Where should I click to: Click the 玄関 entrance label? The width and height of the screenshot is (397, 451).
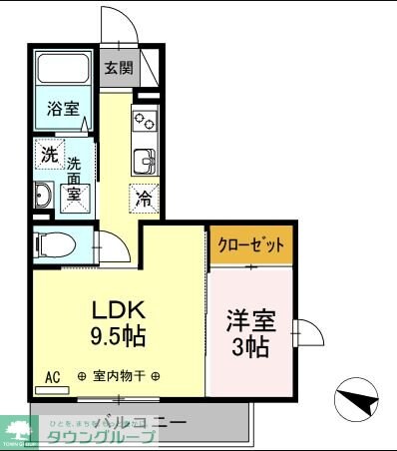(x=119, y=69)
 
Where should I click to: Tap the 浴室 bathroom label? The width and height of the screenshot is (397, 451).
(x=64, y=109)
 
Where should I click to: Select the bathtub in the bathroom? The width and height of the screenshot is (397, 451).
(x=65, y=71)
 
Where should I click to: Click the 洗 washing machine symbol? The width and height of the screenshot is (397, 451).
(x=48, y=155)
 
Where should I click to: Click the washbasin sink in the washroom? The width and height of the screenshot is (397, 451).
(x=44, y=196)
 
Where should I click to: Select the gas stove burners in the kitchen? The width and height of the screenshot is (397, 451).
(x=145, y=122)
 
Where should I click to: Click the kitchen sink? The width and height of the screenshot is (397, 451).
(x=145, y=161)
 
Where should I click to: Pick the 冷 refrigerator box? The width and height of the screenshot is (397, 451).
(x=144, y=198)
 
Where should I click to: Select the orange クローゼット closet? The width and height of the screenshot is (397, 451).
(x=250, y=243)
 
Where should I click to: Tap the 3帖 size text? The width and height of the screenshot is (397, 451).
(x=249, y=348)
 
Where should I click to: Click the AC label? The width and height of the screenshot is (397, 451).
(x=52, y=376)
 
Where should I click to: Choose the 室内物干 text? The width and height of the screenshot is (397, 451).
(x=120, y=376)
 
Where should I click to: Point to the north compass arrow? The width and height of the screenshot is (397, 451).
(x=358, y=403)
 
